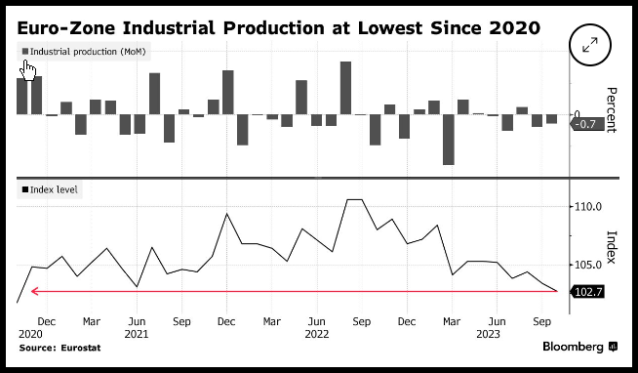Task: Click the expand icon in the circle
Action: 590,45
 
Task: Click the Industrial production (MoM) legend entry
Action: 84,52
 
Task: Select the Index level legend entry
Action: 50,189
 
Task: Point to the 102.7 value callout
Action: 587,292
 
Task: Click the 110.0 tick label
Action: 588,207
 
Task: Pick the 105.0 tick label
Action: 588,265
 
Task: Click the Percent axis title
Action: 612,110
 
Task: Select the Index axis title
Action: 612,247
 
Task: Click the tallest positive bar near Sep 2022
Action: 346,88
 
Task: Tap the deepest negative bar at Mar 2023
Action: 449,140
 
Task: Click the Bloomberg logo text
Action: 573,347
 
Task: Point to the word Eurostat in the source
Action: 81,348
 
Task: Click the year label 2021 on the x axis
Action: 137,334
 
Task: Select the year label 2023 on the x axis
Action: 488,334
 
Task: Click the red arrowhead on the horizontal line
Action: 34,291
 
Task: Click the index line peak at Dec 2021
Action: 226,214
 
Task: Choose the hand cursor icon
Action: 27,70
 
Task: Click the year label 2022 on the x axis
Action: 316,334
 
